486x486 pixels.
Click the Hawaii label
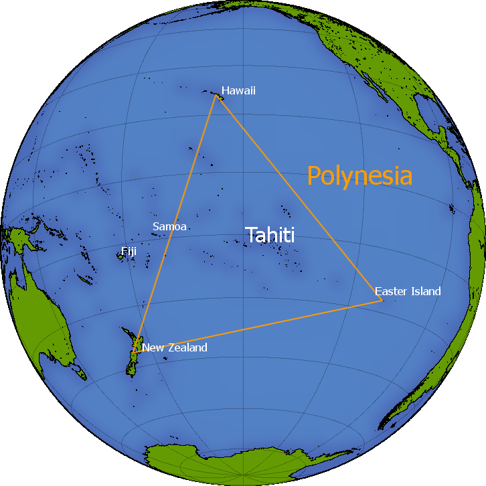tap(238, 90)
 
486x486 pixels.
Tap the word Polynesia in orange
tap(359, 176)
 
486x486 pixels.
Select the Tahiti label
tap(270, 235)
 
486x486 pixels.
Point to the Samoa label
tap(169, 226)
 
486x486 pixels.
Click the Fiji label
tap(129, 251)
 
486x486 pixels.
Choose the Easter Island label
tap(408, 291)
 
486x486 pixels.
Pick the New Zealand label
tap(175, 347)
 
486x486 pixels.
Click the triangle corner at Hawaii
tap(216, 94)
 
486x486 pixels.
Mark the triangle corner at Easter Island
tap(382, 300)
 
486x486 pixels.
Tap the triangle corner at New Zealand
tap(135, 351)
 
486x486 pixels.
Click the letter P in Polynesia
tap(314, 176)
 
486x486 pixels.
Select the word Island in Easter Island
tap(426, 291)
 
